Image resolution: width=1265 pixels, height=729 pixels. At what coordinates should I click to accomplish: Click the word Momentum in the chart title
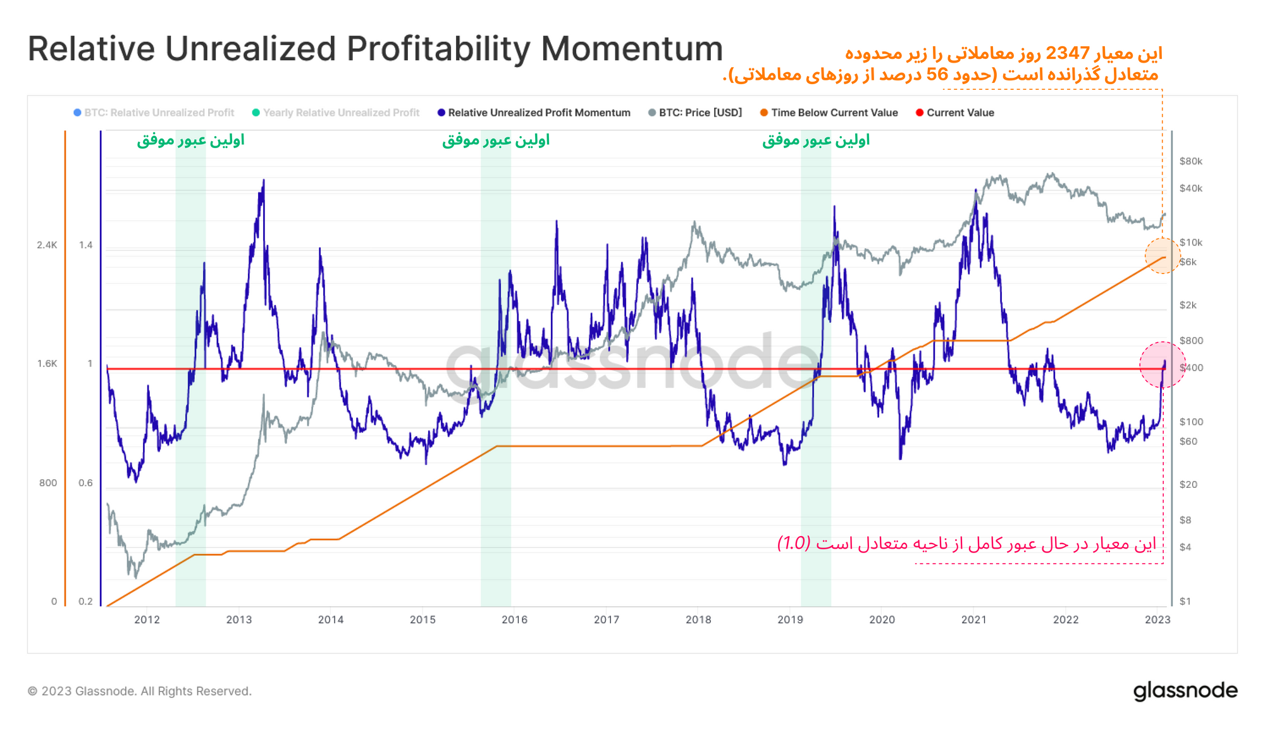(x=632, y=49)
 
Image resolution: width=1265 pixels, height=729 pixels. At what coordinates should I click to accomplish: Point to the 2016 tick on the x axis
(x=514, y=620)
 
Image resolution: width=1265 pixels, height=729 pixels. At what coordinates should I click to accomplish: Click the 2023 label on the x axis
(x=1157, y=620)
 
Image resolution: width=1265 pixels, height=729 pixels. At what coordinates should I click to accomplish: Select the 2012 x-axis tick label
(x=147, y=620)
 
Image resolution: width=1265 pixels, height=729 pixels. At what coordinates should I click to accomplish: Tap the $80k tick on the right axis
(x=1190, y=161)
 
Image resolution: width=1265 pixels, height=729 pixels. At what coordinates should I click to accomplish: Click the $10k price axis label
(x=1190, y=242)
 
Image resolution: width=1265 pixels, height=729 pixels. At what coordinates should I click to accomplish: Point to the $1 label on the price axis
(x=1185, y=601)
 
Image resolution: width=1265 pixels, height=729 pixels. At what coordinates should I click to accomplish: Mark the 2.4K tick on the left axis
(x=47, y=245)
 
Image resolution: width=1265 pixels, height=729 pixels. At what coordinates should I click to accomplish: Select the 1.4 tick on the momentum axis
(x=85, y=245)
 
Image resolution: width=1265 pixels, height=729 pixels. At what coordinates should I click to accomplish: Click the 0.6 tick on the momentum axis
(x=85, y=483)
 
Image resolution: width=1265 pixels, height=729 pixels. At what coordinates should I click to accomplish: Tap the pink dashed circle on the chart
(x=1163, y=365)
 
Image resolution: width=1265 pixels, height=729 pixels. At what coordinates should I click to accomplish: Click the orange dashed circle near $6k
(x=1163, y=256)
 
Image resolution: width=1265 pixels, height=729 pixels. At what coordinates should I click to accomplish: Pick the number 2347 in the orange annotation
(x=1068, y=53)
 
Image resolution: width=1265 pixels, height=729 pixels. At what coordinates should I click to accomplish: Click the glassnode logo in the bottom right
(x=1185, y=690)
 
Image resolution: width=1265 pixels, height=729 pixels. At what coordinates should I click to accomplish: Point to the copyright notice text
(x=140, y=691)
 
